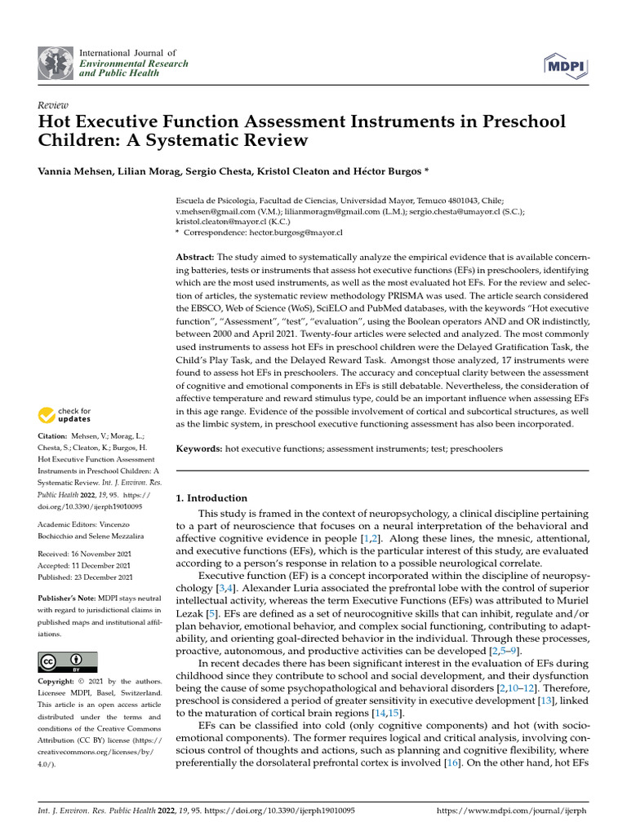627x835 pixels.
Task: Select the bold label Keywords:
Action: [199, 449]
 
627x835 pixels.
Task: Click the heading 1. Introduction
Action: [211, 498]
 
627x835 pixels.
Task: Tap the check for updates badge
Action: [65, 415]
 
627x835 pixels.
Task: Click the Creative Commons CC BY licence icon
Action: [67, 661]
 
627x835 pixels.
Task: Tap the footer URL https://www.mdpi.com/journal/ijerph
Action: [513, 812]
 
